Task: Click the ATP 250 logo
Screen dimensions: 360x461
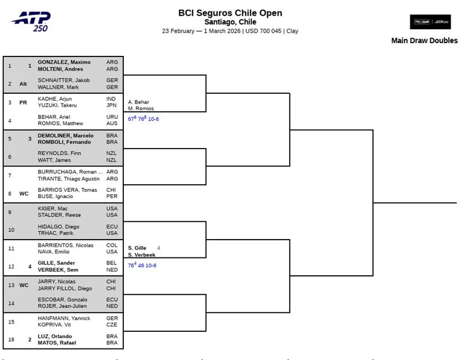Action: [31, 21]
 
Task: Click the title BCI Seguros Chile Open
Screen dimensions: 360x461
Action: [231, 13]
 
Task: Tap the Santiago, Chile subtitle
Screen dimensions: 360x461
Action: [231, 22]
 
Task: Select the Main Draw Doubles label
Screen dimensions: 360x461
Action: [424, 40]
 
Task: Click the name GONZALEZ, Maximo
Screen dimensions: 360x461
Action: [64, 62]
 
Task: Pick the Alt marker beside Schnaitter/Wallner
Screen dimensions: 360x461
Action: [23, 84]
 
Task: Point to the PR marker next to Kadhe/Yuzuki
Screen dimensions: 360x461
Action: [23, 103]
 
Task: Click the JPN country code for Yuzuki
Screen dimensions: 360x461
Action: [111, 105]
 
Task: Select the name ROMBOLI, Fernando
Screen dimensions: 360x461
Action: [64, 142]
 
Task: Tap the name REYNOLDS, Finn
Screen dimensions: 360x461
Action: [59, 153]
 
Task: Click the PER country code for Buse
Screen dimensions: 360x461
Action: [111, 196]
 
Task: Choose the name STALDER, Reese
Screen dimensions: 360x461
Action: [59, 215]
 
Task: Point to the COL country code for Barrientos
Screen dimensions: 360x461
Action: [111, 245]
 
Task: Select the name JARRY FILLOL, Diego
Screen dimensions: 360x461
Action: [65, 289]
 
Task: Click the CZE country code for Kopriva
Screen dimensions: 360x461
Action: [112, 325]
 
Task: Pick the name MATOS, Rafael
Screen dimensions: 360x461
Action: [57, 343]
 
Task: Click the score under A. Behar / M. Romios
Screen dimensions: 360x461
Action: [143, 119]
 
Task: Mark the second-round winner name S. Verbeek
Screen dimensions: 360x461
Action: [142, 255]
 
